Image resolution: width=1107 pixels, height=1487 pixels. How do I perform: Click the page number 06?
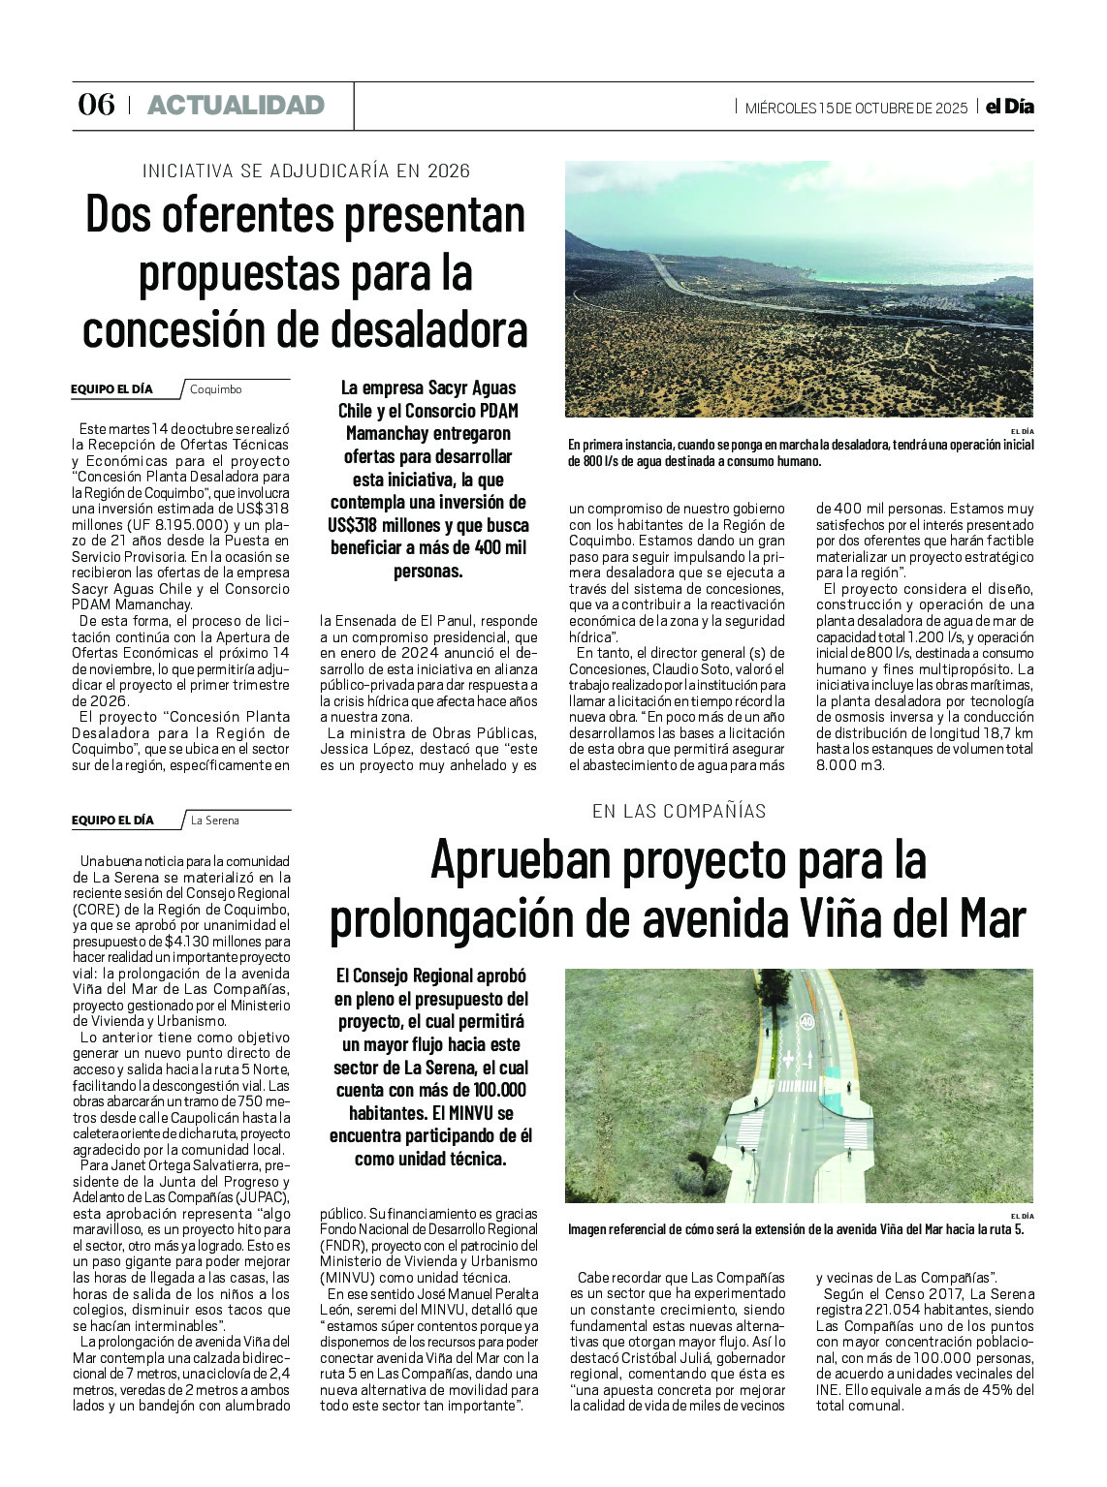(96, 105)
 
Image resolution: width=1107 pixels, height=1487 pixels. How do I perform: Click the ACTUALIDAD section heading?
(236, 105)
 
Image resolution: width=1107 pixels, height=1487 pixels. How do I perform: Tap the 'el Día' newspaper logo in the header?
(1009, 107)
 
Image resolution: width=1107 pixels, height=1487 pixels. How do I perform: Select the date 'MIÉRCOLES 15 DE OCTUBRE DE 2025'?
(856, 108)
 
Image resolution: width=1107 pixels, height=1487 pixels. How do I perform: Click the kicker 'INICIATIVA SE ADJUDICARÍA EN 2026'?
(305, 171)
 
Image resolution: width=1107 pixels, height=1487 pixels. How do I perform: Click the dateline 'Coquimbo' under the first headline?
(215, 389)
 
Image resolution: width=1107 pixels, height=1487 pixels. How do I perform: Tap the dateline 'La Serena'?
(214, 821)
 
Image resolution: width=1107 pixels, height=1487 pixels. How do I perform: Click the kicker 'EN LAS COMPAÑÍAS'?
(679, 811)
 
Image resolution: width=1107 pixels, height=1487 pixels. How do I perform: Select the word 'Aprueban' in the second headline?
(519, 858)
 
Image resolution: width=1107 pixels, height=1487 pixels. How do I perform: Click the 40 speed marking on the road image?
(806, 1020)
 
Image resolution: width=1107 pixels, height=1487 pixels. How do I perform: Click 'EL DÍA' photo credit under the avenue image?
(1022, 1216)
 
